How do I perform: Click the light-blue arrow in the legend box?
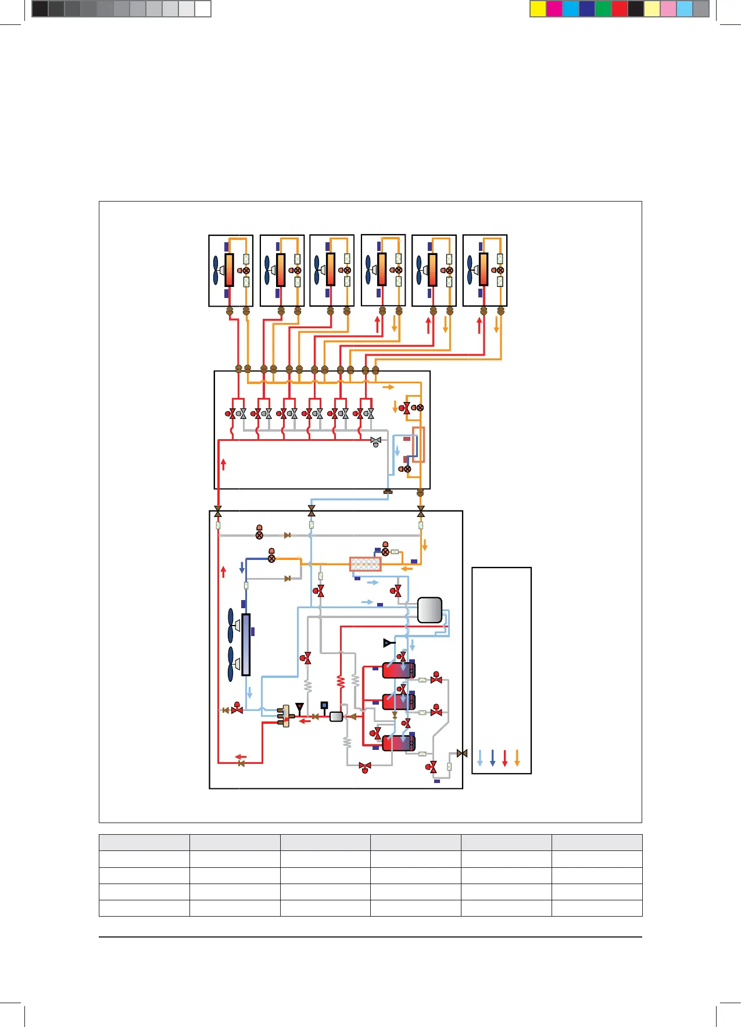[480, 757]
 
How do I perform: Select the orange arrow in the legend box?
[517, 757]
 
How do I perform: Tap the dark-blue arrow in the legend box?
[492, 757]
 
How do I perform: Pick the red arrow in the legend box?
[504, 757]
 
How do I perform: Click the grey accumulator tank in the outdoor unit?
[429, 610]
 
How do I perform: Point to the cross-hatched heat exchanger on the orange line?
[366, 564]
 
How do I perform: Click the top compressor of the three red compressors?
[398, 670]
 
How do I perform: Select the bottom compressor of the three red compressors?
[398, 743]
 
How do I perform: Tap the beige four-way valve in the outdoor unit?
[285, 716]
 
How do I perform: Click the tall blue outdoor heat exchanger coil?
[246, 645]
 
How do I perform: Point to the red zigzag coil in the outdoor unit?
[341, 681]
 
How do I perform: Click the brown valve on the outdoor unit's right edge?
[462, 753]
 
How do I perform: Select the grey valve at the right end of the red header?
[376, 441]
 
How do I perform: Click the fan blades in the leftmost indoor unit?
[216, 270]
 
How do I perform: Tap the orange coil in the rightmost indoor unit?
[484, 270]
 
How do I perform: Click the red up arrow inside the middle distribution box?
[223, 464]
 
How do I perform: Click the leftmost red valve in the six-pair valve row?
[231, 414]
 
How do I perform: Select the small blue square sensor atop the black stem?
[324, 705]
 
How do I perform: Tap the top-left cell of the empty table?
[144, 842]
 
